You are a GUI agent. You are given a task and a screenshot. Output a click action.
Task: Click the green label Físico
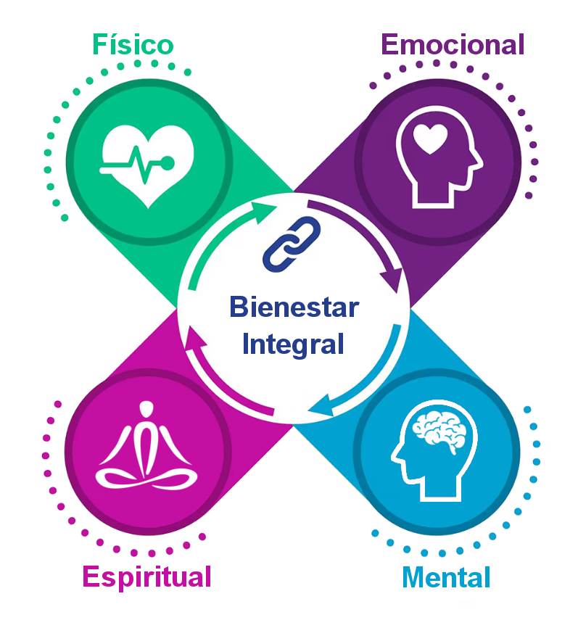coord(133,45)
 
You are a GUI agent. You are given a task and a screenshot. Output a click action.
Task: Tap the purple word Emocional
coord(453,44)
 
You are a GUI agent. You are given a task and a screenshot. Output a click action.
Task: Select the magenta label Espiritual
coord(146,578)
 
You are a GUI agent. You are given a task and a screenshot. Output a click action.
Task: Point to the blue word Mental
coord(446,578)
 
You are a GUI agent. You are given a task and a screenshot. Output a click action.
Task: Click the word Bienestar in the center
coord(294,307)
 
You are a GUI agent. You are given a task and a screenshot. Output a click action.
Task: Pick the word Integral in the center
coord(293,344)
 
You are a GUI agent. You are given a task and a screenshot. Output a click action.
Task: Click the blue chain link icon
coord(292,244)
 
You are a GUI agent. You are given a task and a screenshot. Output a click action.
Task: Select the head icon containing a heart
coord(439,157)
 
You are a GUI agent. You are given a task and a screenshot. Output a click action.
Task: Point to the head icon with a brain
coord(434,450)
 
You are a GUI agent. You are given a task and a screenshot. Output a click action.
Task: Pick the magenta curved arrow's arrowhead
coord(194,338)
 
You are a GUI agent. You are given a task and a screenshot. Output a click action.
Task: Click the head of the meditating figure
coord(146,409)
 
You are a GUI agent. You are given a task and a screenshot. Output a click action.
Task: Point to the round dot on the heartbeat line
coord(168,163)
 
